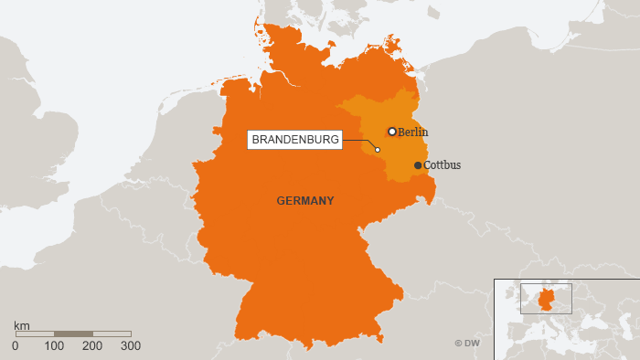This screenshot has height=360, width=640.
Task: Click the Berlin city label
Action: coord(413,132)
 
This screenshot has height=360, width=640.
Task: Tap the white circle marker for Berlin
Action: coord(392,132)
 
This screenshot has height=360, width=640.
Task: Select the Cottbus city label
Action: coord(443,165)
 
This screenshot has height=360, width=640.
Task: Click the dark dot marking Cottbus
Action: coord(418,165)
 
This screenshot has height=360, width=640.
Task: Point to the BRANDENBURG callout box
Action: coord(295,140)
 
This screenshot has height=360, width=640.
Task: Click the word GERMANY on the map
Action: coord(305,200)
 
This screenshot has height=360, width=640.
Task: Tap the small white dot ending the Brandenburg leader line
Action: coord(378,150)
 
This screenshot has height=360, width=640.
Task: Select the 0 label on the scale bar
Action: coord(15,346)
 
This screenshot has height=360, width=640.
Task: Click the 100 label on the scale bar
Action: coord(54,346)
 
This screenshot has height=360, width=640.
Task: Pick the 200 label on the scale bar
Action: coord(92,346)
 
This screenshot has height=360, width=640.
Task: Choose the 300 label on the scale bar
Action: coord(131,346)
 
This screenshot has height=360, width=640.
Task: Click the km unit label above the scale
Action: coord(22,324)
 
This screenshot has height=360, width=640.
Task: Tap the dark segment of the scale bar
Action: coord(73,334)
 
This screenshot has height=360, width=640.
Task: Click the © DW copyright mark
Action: coord(467,343)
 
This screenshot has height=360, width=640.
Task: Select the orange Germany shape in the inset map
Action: coord(546,299)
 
